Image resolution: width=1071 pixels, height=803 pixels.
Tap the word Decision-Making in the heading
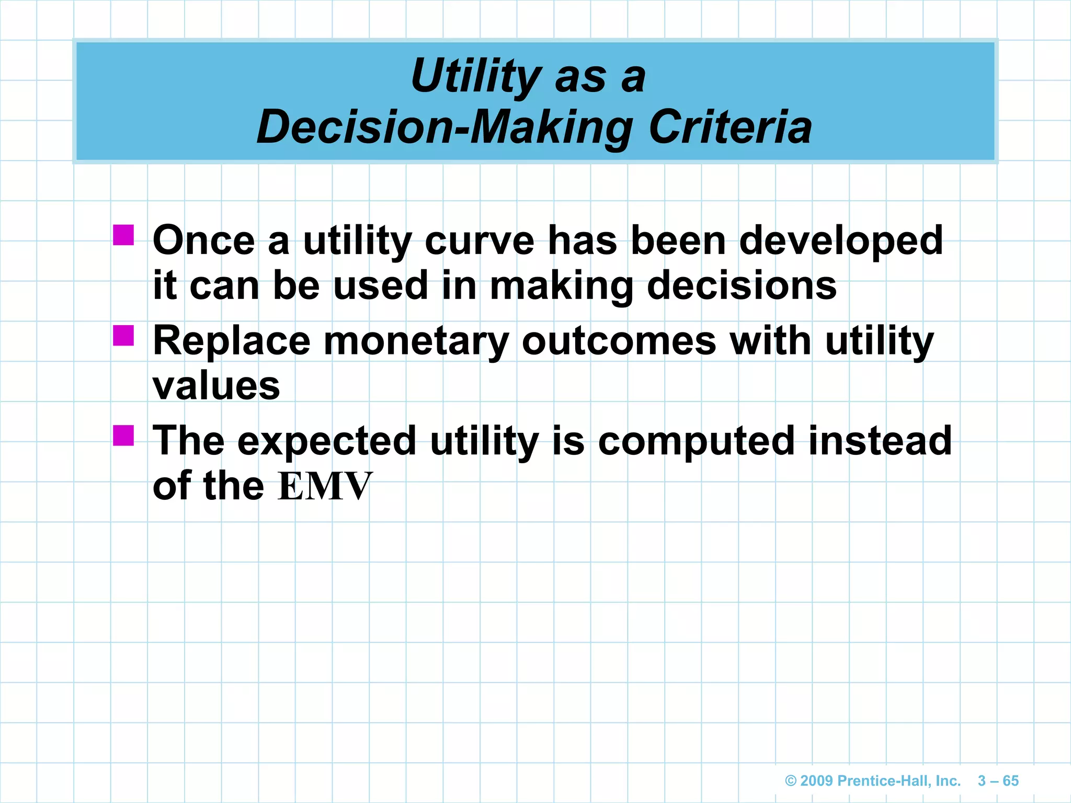[x=445, y=128]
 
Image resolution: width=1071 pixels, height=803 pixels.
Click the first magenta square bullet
[x=123, y=235]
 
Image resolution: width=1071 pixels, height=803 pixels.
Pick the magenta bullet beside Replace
[x=123, y=336]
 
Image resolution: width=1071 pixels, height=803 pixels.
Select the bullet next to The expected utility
[x=123, y=435]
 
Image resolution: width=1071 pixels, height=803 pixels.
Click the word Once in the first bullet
[x=204, y=240]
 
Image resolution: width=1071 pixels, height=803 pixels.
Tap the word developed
[x=841, y=240]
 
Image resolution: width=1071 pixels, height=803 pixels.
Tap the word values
[x=217, y=386]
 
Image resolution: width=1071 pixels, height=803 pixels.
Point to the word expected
[x=327, y=441]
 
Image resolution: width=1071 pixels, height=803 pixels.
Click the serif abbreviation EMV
[x=325, y=486]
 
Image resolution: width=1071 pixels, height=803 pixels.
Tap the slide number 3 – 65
[x=998, y=781]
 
